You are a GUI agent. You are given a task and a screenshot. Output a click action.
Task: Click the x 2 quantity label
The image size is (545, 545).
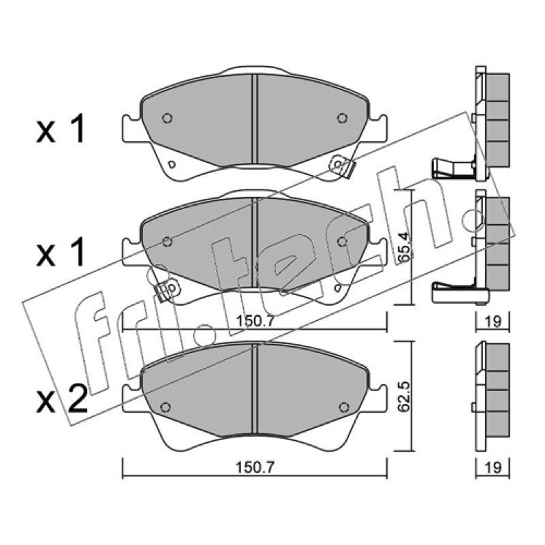coord(62,399)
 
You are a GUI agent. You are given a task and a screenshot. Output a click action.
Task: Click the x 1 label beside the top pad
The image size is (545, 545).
coord(61,129)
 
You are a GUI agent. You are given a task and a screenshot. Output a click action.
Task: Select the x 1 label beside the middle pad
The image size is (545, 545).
coord(61,252)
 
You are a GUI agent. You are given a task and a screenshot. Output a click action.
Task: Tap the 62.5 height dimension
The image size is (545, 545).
coord(404,396)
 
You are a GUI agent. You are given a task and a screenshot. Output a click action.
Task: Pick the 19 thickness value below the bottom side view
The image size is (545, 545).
coord(493,467)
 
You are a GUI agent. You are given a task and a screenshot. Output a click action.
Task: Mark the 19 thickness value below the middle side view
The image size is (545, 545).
coord(493,321)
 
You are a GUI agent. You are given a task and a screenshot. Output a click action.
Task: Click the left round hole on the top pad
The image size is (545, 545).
coord(167,118)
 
